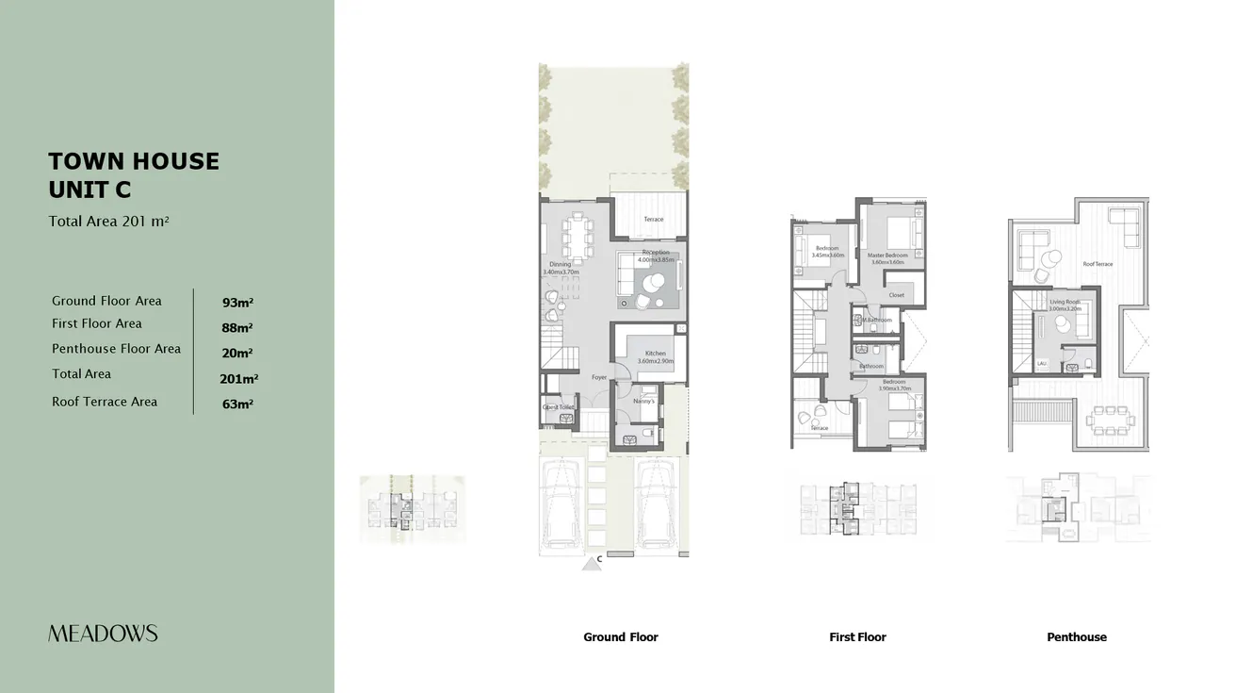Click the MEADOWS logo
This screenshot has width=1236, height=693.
point(103,634)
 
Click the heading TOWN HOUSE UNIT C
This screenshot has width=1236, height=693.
point(134,175)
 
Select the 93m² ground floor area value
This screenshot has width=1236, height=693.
point(237,303)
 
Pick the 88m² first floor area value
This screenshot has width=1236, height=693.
point(237,328)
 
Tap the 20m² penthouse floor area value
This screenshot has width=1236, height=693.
point(237,354)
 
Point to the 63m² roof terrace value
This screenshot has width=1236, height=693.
point(237,404)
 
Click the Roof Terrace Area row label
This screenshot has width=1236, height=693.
point(105,402)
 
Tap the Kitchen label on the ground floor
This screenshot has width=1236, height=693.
point(656,354)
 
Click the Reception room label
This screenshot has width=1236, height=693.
point(656,253)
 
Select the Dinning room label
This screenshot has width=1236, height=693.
point(560,265)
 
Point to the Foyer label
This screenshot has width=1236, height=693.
point(599,377)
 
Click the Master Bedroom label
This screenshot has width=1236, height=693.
point(887,256)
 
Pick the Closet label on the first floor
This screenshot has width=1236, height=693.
point(896,295)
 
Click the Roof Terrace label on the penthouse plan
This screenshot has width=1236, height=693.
point(1098,264)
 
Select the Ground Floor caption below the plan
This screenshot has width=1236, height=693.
point(620,637)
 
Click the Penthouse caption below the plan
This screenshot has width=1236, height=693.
point(1076,637)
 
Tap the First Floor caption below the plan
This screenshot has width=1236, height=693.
point(857,637)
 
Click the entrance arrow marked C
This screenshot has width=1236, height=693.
point(593,563)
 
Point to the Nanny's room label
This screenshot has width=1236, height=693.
point(643,401)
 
